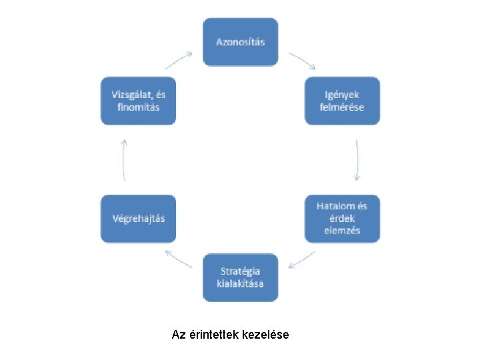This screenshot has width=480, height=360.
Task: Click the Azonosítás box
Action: pyautogui.click(x=240, y=42)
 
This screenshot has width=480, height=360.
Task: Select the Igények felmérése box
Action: pyautogui.click(x=342, y=101)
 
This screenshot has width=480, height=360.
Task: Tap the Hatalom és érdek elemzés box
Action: pyautogui.click(x=342, y=218)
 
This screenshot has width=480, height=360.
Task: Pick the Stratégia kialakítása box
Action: pyautogui.click(x=240, y=277)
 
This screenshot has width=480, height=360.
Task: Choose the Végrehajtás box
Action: pyautogui.click(x=138, y=218)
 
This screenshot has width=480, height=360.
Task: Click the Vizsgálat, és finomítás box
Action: pyautogui.click(x=138, y=101)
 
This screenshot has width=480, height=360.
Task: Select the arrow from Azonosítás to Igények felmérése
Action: pyautogui.click(x=302, y=59)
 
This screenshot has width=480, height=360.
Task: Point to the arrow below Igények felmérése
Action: pyautogui.click(x=357, y=160)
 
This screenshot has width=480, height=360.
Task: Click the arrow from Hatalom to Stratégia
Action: pyautogui.click(x=302, y=260)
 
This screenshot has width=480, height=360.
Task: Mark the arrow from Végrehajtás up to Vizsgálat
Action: pyautogui.click(x=124, y=160)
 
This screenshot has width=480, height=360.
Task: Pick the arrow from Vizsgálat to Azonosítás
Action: pyautogui.click(x=179, y=60)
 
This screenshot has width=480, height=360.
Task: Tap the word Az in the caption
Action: pyautogui.click(x=178, y=335)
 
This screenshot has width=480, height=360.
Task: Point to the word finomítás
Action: pyautogui.click(x=135, y=107)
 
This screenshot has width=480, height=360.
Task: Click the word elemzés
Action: pyautogui.click(x=342, y=230)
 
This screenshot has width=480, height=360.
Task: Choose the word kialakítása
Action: pyautogui.click(x=240, y=284)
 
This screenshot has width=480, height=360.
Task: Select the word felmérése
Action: pyautogui.click(x=342, y=107)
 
